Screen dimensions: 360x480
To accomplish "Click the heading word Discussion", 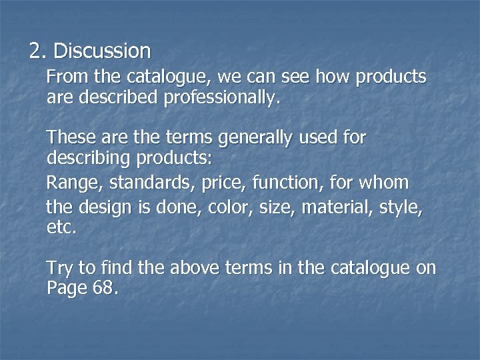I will point(102,51).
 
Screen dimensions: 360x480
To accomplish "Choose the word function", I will point(271,182).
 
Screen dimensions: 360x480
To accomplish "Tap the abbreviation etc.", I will point(61,228).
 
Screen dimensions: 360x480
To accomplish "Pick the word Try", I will point(61,269).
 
